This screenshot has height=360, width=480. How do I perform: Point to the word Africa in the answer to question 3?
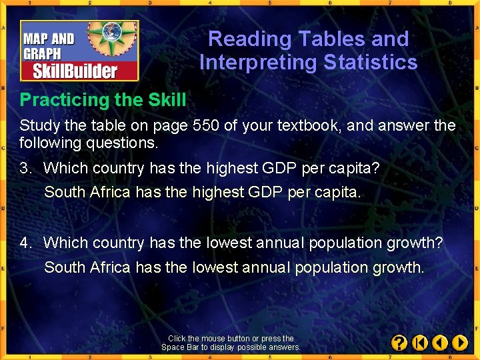[109, 193]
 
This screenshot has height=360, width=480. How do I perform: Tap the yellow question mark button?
[399, 343]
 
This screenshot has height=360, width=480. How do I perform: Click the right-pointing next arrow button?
[460, 343]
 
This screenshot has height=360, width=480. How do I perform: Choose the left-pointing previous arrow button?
[440, 343]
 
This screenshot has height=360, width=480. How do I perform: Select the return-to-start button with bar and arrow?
[419, 343]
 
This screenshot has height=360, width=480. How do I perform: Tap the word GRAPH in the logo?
[42, 54]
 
